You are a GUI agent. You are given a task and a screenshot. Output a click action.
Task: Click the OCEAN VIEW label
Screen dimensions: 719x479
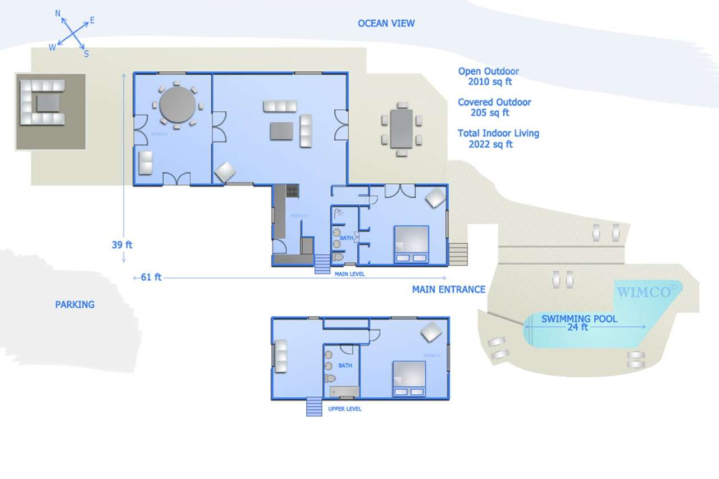[x=386, y=24]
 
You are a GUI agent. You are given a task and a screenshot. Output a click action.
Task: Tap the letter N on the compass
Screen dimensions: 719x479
[x=58, y=13]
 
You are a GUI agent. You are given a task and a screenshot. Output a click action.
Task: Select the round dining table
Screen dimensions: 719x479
[x=178, y=105]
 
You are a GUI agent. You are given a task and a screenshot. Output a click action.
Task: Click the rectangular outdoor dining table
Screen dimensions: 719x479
[x=402, y=129]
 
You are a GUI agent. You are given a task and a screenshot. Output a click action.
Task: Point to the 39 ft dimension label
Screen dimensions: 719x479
[x=122, y=245]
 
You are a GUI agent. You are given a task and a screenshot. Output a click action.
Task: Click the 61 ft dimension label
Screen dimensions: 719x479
[x=151, y=277]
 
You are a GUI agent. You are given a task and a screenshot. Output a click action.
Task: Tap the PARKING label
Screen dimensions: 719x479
[x=75, y=304]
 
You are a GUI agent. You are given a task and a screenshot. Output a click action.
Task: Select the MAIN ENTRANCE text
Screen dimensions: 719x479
[x=449, y=289]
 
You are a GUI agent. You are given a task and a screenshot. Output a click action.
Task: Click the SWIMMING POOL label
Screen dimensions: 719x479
[x=579, y=318]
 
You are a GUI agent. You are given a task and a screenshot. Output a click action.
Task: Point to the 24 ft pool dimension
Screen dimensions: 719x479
[x=578, y=327]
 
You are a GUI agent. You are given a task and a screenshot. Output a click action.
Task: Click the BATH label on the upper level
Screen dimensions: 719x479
[x=345, y=366]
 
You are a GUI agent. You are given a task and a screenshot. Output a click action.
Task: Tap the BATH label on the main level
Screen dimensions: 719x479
[x=347, y=238]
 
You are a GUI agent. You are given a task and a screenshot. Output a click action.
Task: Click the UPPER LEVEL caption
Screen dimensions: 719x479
[x=345, y=409]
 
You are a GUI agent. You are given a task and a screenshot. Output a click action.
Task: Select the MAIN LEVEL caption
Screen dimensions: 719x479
[x=349, y=274]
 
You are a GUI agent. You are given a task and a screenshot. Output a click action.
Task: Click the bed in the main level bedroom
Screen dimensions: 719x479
[x=411, y=244]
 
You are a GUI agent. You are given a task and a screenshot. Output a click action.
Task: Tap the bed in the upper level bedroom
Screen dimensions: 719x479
[x=409, y=379]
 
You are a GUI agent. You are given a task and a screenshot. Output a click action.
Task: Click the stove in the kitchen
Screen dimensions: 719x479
[x=293, y=190]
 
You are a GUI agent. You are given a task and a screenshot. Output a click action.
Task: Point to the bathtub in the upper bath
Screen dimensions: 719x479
[x=344, y=392]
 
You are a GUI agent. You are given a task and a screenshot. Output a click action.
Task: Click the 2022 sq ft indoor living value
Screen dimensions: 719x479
[x=490, y=144]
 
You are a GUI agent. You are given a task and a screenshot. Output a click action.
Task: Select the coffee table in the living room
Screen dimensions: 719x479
[x=281, y=131]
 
